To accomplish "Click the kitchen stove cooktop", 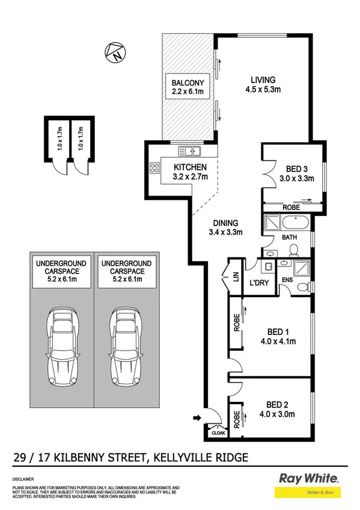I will click(154, 169).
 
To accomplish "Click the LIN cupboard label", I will click(234, 276).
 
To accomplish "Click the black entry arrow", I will click(197, 416).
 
